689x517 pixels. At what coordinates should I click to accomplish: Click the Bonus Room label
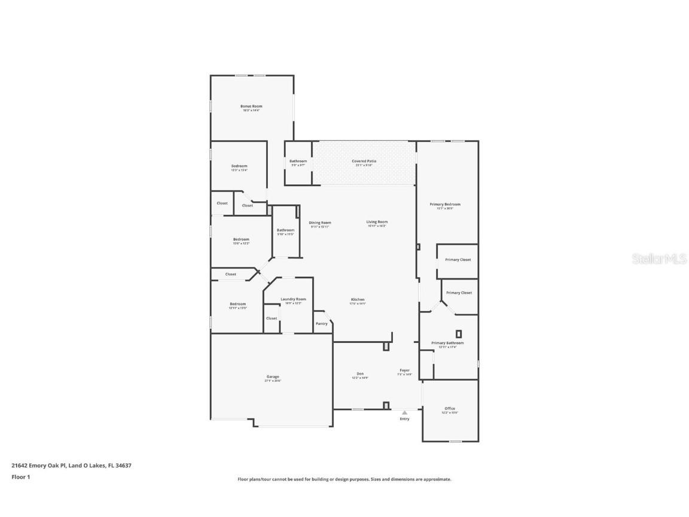251,107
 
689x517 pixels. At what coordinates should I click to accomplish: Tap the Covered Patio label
364,162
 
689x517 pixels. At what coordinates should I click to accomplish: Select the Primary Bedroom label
445,205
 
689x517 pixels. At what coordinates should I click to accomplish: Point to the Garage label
272,377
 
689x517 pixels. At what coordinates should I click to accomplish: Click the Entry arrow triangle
404,412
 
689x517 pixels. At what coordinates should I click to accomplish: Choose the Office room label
449,409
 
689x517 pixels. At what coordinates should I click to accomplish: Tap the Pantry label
322,324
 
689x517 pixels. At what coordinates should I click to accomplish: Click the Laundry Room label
293,299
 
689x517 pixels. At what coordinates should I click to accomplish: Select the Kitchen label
358,300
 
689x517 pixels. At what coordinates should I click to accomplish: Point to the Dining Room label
320,223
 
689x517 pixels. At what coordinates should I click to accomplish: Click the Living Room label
377,222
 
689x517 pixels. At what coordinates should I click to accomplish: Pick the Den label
360,374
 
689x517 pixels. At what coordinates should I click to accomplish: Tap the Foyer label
405,370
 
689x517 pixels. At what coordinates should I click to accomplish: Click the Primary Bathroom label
447,343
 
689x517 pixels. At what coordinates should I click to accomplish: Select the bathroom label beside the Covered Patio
298,162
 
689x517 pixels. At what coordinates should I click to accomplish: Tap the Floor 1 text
20,477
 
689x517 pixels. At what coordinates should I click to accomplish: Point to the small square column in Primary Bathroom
459,334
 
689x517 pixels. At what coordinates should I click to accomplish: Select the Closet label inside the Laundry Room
272,318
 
